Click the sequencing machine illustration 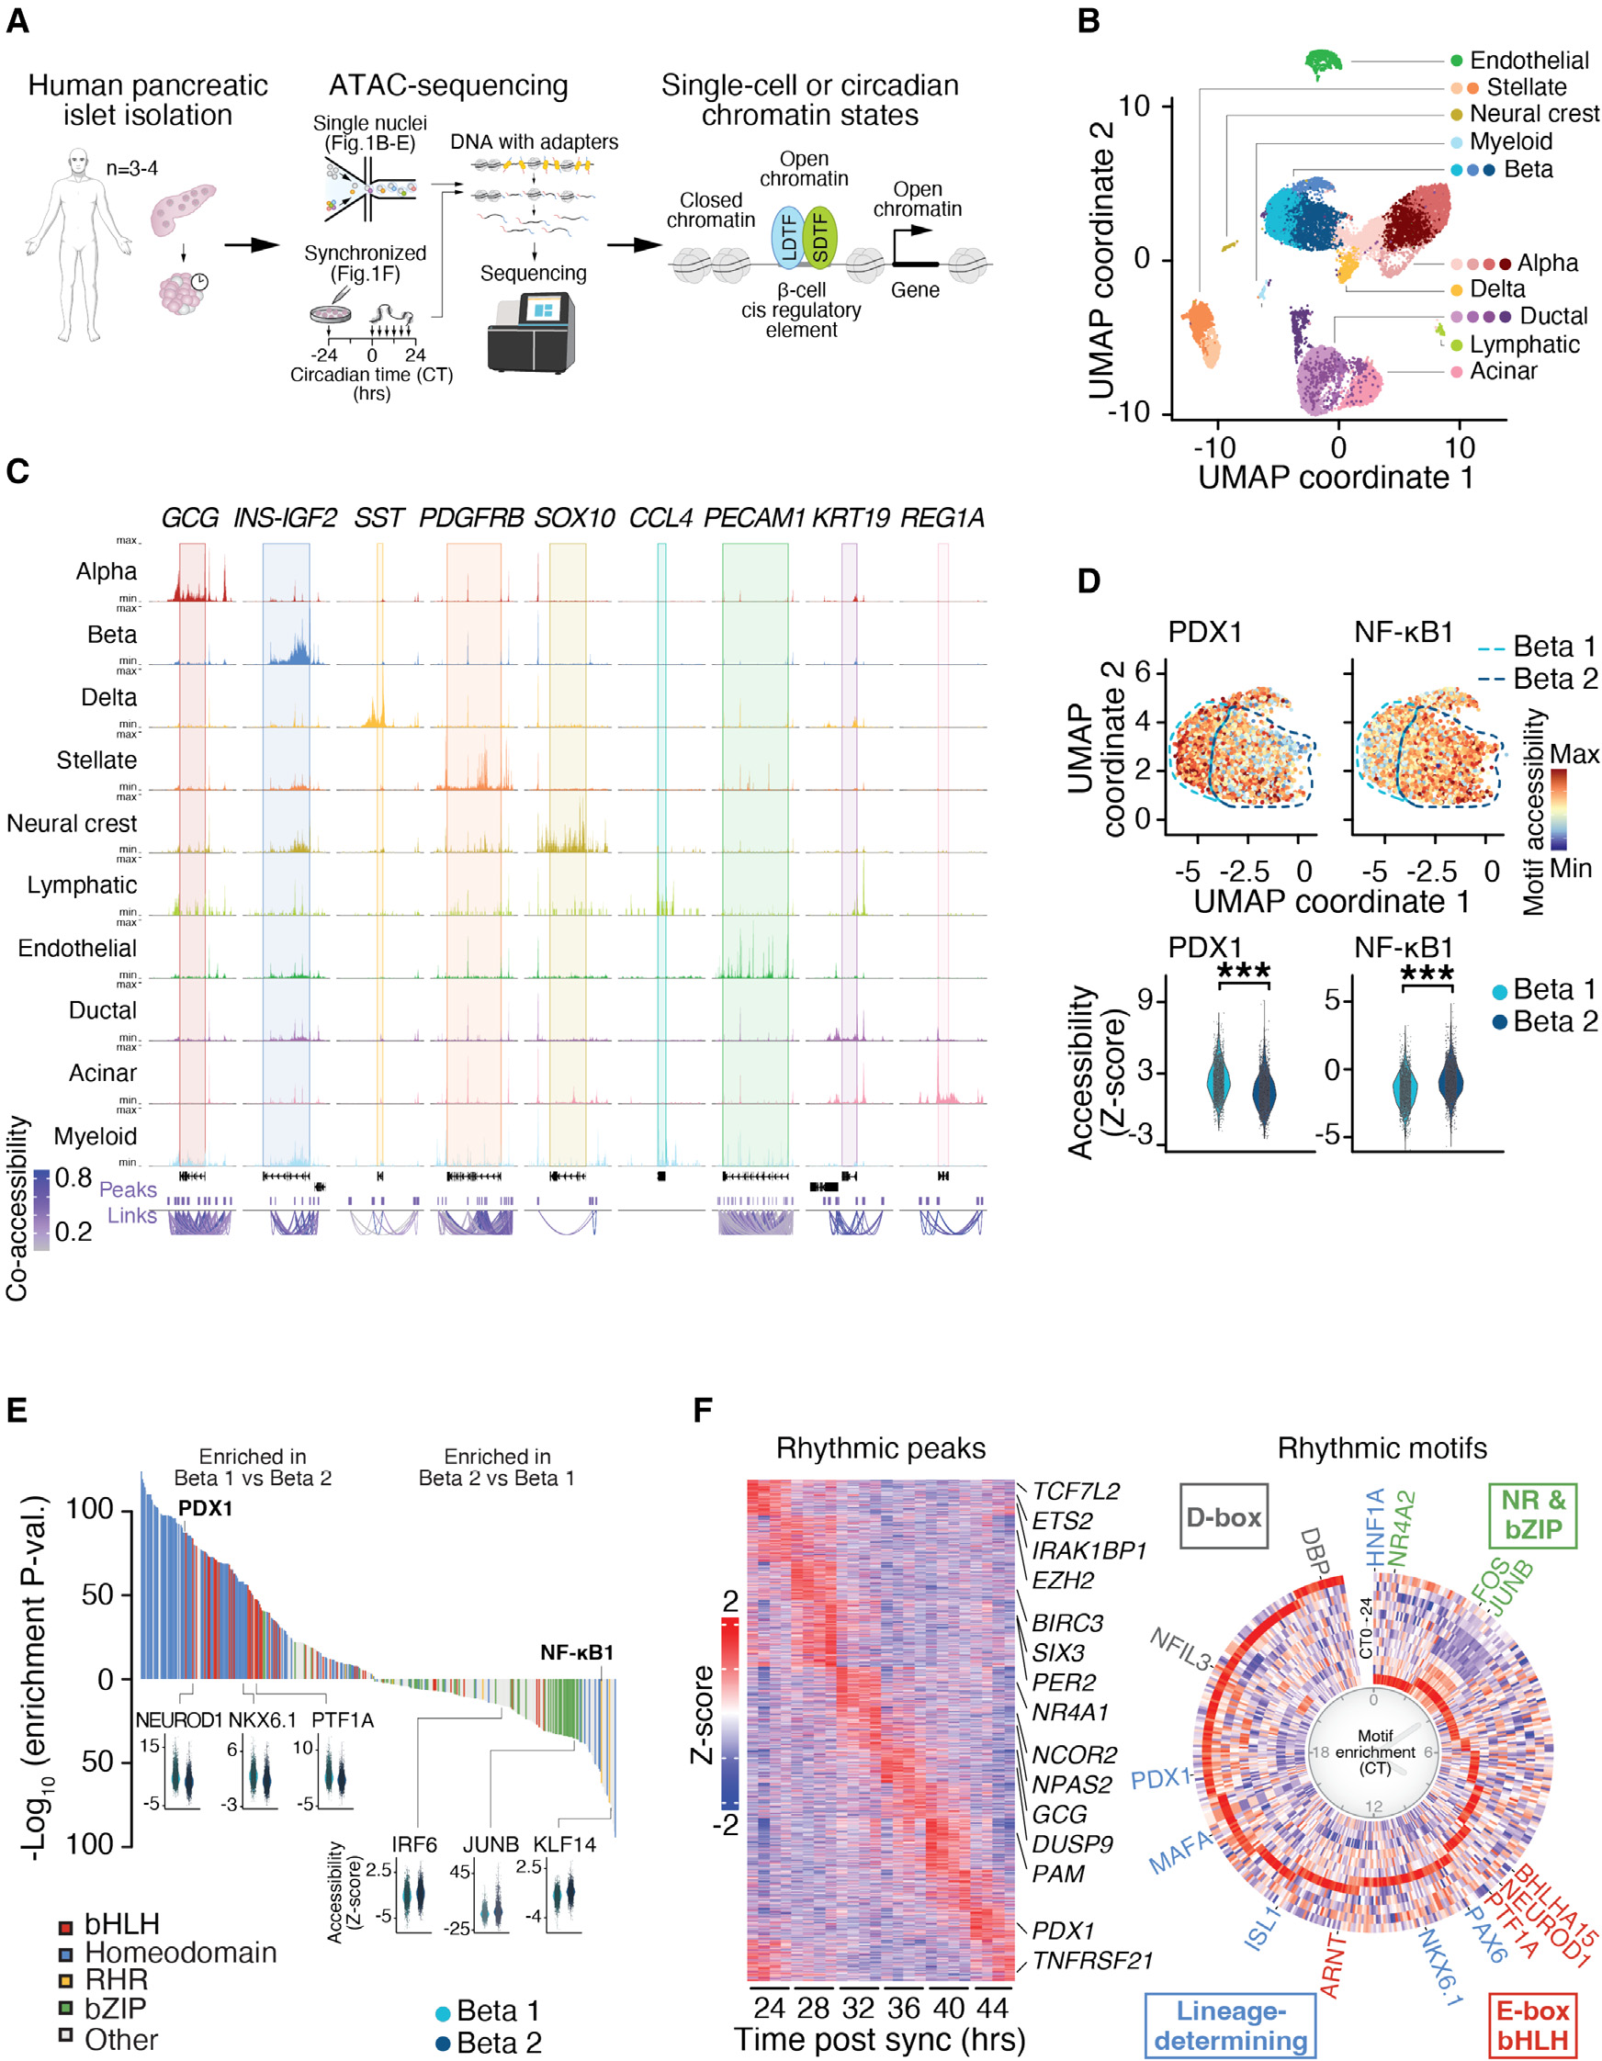click(x=530, y=332)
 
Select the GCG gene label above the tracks click(x=190, y=518)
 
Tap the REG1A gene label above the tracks click(x=942, y=518)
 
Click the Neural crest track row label click(x=72, y=823)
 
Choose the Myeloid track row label click(x=96, y=1136)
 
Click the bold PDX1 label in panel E click(x=205, y=1508)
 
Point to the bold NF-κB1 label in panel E click(x=577, y=1652)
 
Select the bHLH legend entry click(x=121, y=1924)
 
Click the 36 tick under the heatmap click(x=904, y=2008)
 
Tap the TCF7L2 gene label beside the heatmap click(x=1076, y=1491)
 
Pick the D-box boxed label click(x=1223, y=1517)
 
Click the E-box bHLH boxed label click(x=1533, y=2025)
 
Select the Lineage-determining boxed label click(x=1230, y=2025)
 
